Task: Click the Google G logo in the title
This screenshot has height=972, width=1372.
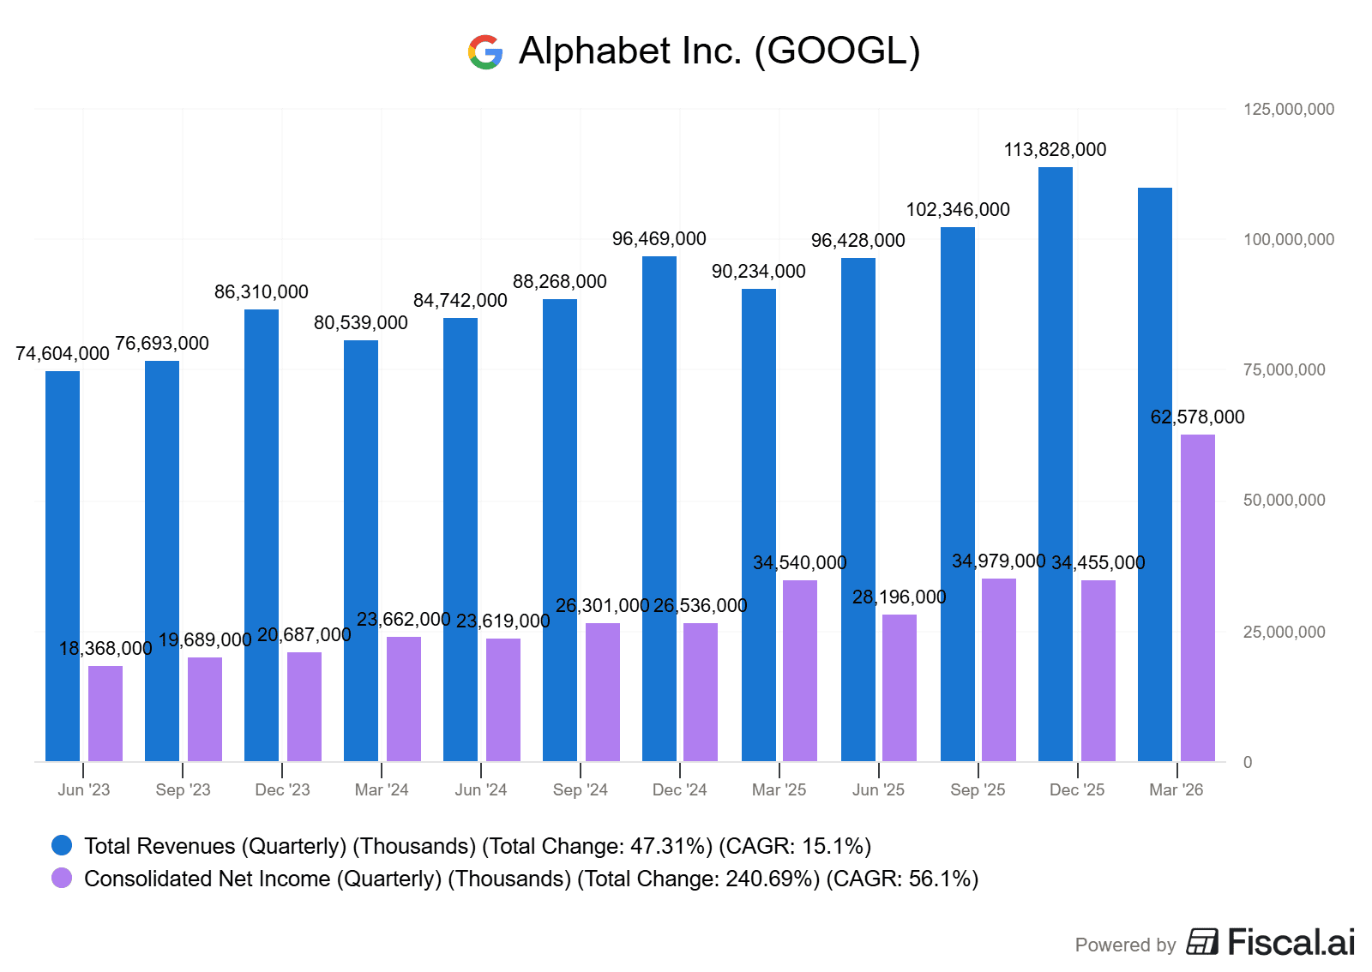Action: click(485, 52)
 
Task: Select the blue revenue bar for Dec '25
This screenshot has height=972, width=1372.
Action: click(1055, 463)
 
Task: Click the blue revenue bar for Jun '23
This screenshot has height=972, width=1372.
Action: click(63, 566)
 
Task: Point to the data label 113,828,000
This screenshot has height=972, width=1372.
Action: click(1055, 150)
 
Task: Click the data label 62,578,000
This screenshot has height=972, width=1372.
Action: click(1197, 417)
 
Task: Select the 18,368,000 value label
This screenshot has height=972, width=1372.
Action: click(105, 649)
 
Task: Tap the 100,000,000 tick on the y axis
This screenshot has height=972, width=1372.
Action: click(1288, 240)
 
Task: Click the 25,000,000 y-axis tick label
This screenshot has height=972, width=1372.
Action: click(1284, 633)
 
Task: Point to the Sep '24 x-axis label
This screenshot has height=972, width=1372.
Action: click(580, 790)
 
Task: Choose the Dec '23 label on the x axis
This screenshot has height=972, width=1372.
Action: click(282, 790)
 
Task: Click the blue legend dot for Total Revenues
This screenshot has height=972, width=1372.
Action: click(62, 846)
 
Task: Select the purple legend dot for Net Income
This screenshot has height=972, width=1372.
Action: click(62, 879)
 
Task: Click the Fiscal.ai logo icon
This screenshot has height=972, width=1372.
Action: click(1202, 942)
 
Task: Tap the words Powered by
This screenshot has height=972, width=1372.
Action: click(1125, 945)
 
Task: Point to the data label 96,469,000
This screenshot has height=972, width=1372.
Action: click(659, 239)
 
